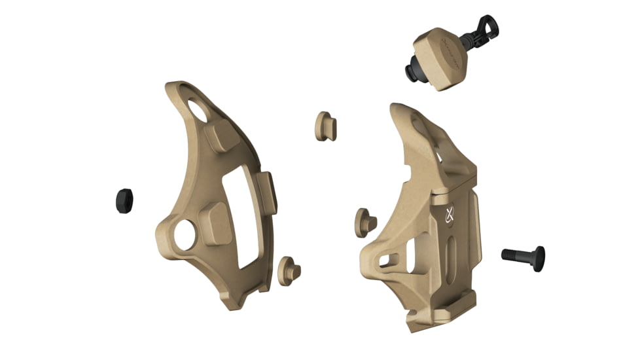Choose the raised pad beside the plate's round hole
pos(215,223)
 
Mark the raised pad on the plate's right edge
pos(268,192)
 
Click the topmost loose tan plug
pos(325,126)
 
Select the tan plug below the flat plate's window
pos(288,269)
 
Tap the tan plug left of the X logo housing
pos(365,223)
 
